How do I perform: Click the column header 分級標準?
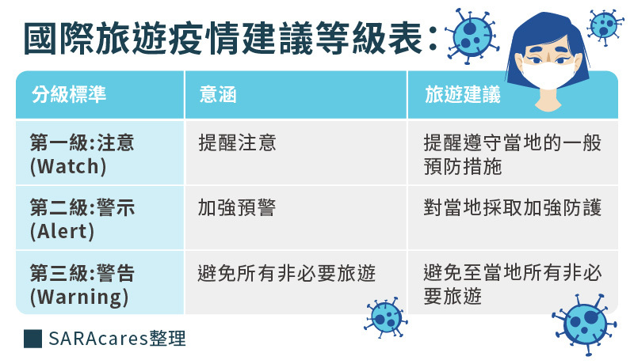(69, 94)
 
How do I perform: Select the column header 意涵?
(217, 94)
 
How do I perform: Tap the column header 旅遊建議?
(463, 94)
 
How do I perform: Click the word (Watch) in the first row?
(68, 166)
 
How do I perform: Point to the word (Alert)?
(63, 232)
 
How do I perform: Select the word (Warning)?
(79, 298)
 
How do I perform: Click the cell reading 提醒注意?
(237, 142)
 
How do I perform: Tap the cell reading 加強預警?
(237, 207)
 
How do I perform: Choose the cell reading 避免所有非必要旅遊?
(287, 273)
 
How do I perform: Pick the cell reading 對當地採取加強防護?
(513, 207)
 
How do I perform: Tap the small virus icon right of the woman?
(605, 25)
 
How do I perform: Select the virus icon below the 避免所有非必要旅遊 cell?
(385, 318)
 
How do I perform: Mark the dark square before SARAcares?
(32, 339)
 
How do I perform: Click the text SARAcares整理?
(117, 339)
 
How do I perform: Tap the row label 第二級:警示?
(82, 207)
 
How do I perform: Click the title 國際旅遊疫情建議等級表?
(223, 39)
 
